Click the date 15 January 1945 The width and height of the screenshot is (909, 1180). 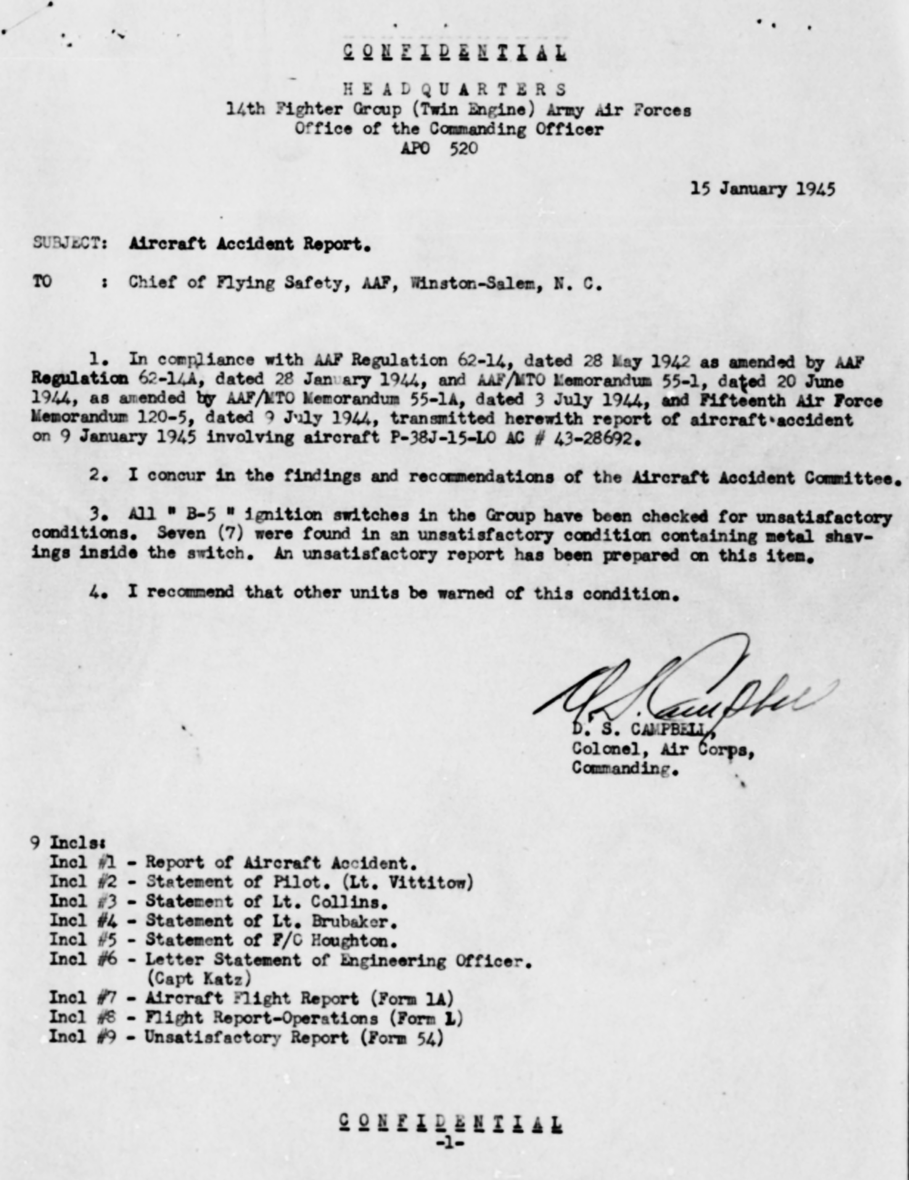tap(762, 189)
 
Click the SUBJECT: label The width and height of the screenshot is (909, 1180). tap(70, 244)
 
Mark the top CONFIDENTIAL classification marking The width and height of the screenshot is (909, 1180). tap(455, 52)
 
